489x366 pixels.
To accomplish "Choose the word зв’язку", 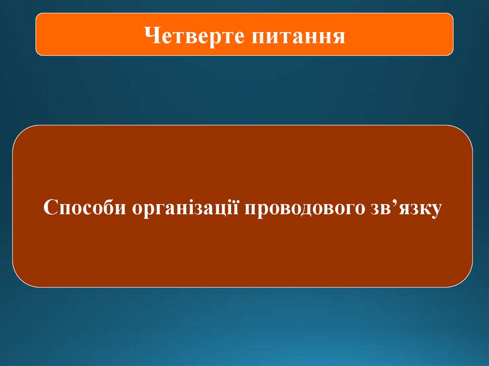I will [x=404, y=209].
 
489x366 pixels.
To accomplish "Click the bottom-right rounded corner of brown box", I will [x=467, y=281].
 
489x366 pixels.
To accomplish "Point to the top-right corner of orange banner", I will [x=451, y=16].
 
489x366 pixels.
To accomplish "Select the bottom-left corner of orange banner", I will [x=38, y=53].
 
